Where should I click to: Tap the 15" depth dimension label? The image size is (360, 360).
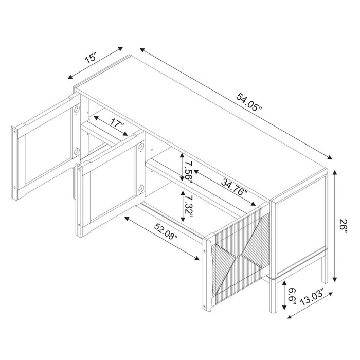91,57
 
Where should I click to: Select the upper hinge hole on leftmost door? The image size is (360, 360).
76,110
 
